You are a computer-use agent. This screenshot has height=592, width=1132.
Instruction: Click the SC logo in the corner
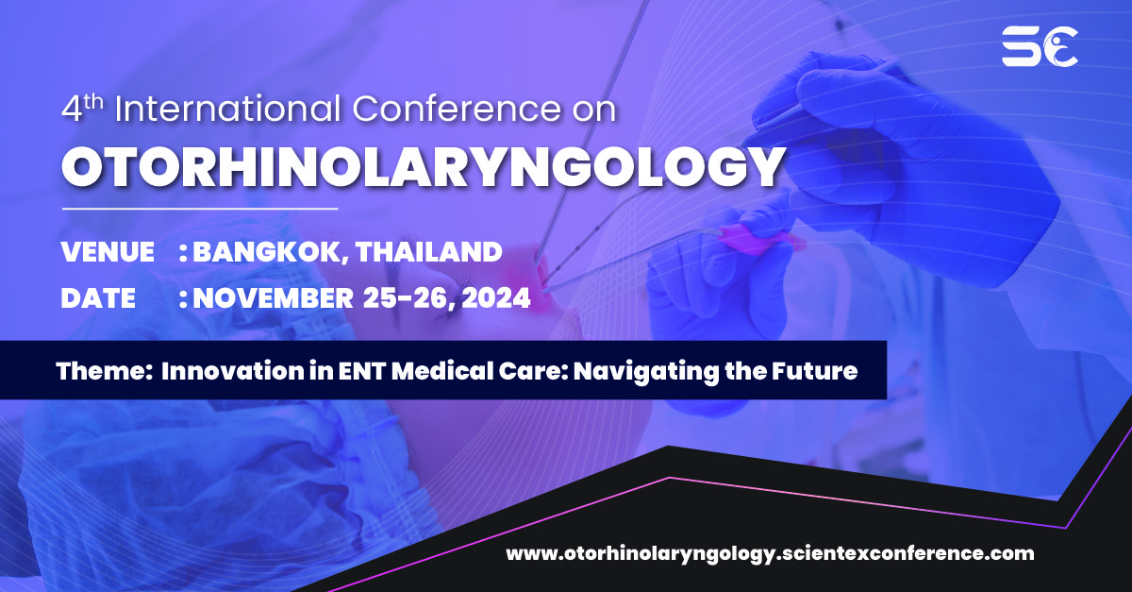click(x=1040, y=45)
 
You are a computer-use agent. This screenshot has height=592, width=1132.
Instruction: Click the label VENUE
click(x=108, y=252)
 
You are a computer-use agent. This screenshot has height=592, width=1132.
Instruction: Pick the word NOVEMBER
click(x=273, y=298)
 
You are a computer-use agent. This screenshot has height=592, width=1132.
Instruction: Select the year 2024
click(x=491, y=298)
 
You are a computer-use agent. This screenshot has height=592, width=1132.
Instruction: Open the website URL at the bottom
click(x=770, y=553)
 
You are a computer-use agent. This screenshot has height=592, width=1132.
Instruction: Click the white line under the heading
click(x=200, y=207)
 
